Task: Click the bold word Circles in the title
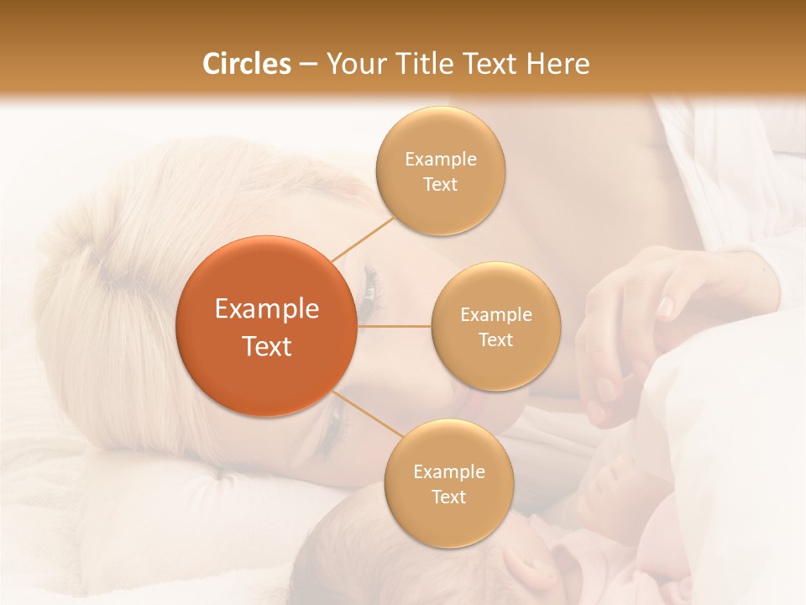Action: click(x=246, y=64)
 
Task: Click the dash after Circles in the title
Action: click(x=307, y=65)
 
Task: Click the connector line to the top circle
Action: click(x=364, y=238)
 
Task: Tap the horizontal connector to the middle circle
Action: click(x=395, y=326)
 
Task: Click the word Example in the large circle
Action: click(x=267, y=309)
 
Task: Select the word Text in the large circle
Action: click(x=267, y=346)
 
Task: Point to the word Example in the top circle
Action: click(x=440, y=159)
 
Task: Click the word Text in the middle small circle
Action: click(x=495, y=339)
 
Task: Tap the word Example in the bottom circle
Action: click(x=448, y=471)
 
